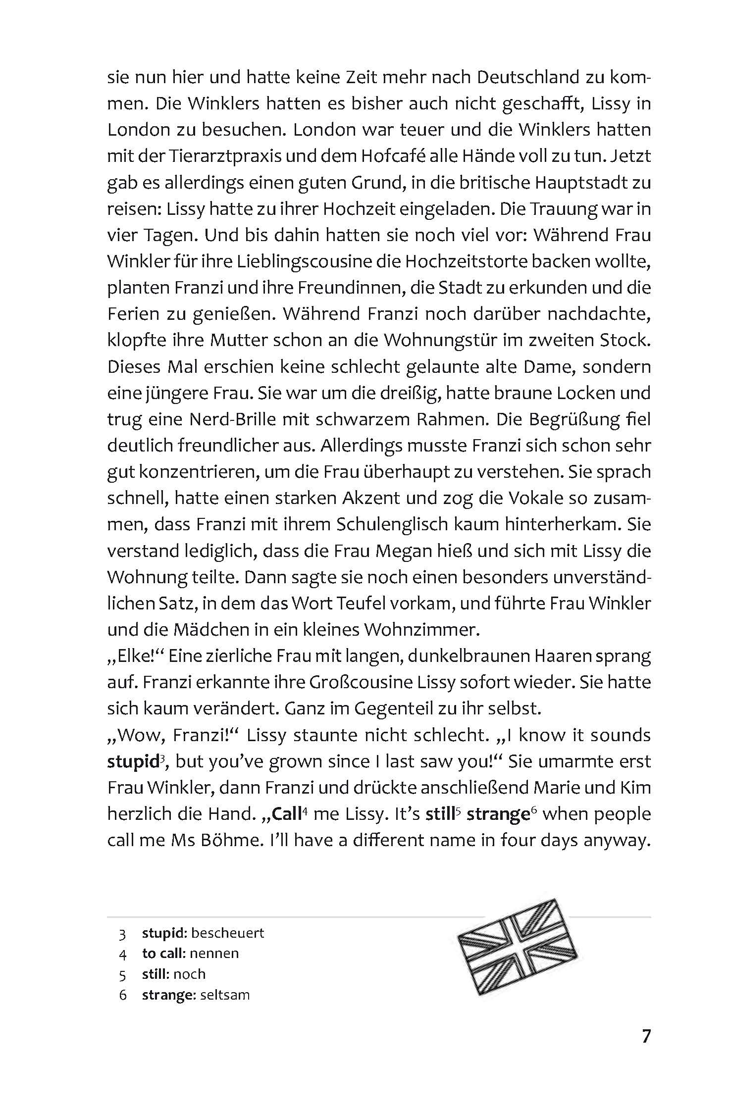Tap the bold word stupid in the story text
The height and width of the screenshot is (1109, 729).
click(x=132, y=761)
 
